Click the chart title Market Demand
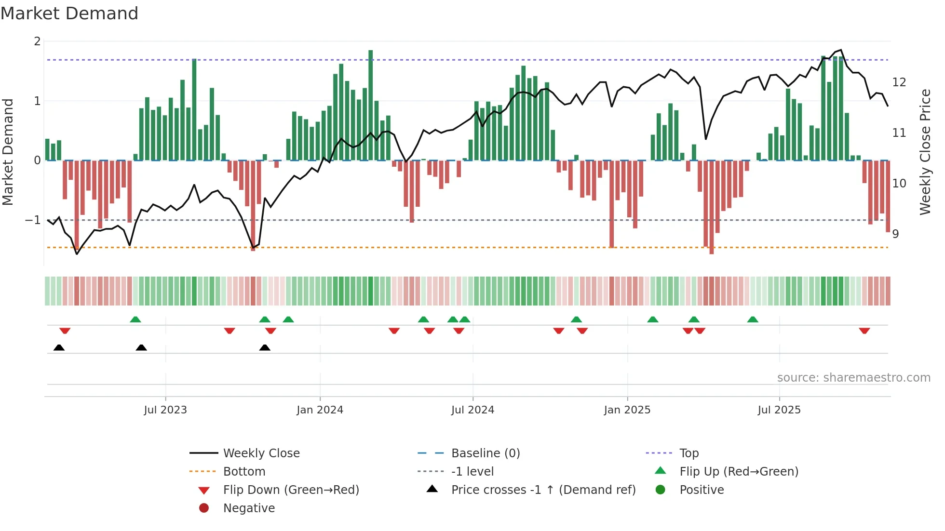point(69,13)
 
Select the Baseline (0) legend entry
point(485,453)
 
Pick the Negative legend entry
point(249,508)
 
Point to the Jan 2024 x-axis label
point(320,410)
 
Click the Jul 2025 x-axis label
point(779,410)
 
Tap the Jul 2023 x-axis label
point(165,410)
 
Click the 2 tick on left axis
point(37,41)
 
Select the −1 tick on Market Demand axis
point(33,220)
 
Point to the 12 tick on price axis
point(899,82)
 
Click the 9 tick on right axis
point(895,234)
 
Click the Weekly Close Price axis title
point(925,152)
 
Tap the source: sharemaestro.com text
point(853,377)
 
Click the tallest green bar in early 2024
point(370,106)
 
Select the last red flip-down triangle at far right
point(864,331)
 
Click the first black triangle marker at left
point(59,347)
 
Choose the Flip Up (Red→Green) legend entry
point(739,471)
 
